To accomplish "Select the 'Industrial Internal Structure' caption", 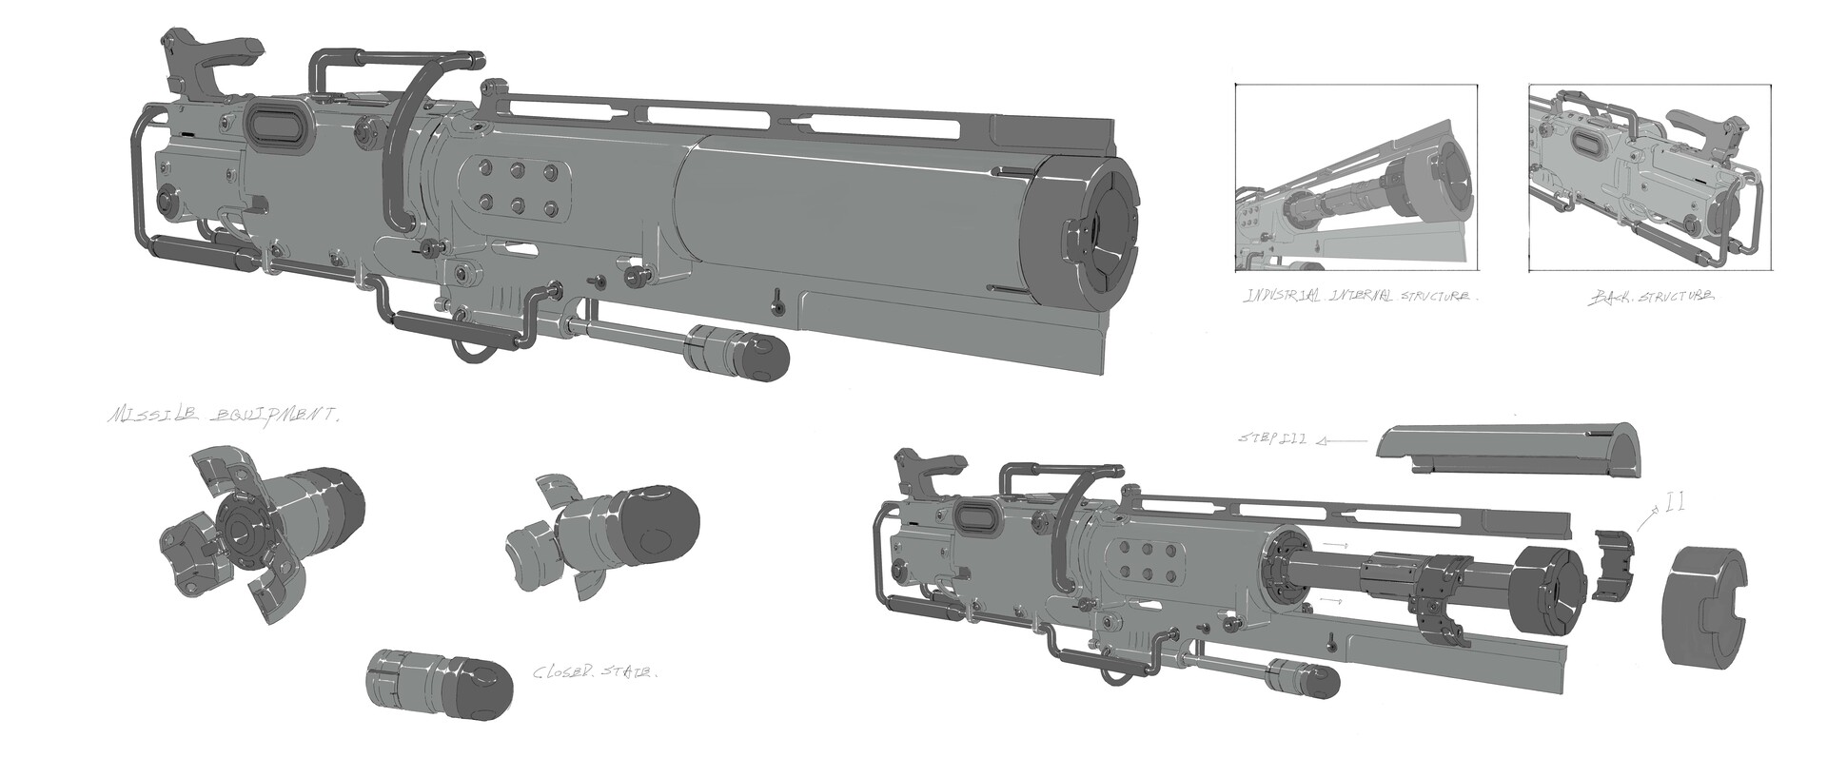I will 1361,297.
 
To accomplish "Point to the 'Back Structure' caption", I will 1653,297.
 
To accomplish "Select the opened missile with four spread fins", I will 257,523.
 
